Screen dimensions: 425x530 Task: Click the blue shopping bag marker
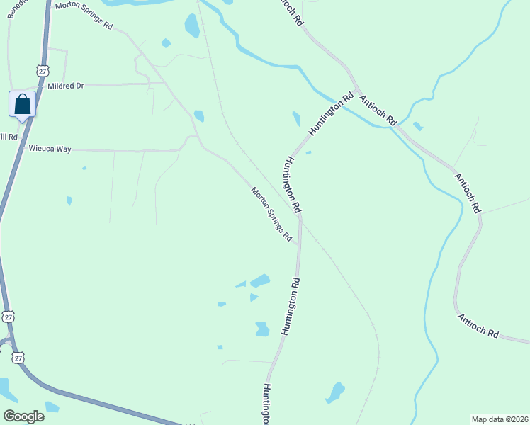[22, 105]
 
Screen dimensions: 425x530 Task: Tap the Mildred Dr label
[65, 86]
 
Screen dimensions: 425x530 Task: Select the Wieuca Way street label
[50, 149]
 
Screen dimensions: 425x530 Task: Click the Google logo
[23, 416]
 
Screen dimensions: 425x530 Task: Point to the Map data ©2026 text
[500, 419]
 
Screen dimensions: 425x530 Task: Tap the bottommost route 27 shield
[18, 358]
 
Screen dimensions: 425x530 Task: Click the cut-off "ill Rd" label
[9, 137]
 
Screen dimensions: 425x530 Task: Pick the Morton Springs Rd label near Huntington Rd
[271, 214]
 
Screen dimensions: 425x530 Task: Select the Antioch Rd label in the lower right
[478, 325]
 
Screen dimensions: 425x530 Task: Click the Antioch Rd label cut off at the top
[292, 13]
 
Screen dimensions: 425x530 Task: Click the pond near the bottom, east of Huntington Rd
[334, 392]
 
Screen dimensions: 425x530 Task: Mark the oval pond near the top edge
[191, 25]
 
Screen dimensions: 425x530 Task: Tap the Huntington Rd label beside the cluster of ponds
[291, 306]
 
